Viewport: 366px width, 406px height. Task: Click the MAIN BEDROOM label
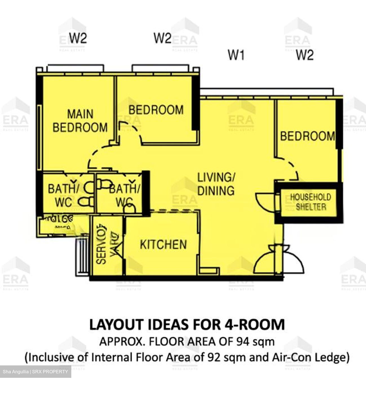[80, 121]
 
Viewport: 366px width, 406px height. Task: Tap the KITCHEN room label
[163, 244]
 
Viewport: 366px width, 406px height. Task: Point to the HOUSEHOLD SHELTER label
[310, 202]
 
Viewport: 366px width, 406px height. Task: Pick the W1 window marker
[236, 55]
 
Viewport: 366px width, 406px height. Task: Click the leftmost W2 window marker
[78, 38]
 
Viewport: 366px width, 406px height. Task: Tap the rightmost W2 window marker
[305, 55]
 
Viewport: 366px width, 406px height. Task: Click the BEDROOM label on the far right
[307, 136]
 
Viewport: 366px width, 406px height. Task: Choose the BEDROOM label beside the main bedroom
[156, 110]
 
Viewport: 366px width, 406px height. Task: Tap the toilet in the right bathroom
[129, 208]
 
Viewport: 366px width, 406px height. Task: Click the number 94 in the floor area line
[243, 342]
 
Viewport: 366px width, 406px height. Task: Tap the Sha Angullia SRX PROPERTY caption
[36, 372]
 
